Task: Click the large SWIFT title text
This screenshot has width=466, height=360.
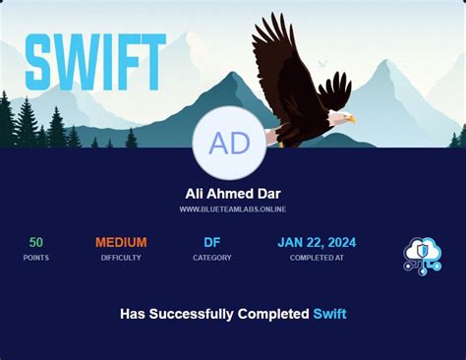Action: click(x=95, y=61)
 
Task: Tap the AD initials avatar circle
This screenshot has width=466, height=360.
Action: click(x=230, y=143)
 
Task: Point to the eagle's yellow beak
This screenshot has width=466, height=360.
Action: click(x=351, y=120)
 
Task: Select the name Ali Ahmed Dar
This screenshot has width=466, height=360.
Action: click(x=233, y=194)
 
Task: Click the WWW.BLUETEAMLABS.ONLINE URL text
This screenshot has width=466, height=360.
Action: click(x=233, y=210)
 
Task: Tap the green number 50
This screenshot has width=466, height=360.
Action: click(x=36, y=242)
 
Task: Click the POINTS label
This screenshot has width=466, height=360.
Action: click(x=36, y=258)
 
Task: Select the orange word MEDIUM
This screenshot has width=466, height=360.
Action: click(x=121, y=242)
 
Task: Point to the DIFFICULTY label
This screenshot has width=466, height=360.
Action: click(x=121, y=258)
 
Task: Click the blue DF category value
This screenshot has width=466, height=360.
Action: click(x=212, y=242)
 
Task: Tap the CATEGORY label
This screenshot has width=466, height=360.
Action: click(x=212, y=258)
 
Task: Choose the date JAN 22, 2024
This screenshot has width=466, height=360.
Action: click(x=317, y=242)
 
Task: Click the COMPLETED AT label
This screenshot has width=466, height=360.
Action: click(x=317, y=258)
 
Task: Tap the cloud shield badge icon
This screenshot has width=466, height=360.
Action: click(x=422, y=255)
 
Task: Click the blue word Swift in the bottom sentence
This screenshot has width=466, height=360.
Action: click(x=329, y=314)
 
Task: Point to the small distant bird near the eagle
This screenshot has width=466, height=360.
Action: click(x=321, y=64)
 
